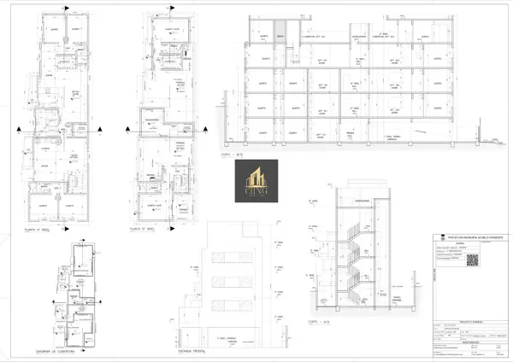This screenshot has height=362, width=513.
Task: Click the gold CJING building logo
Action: [x=256, y=181]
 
